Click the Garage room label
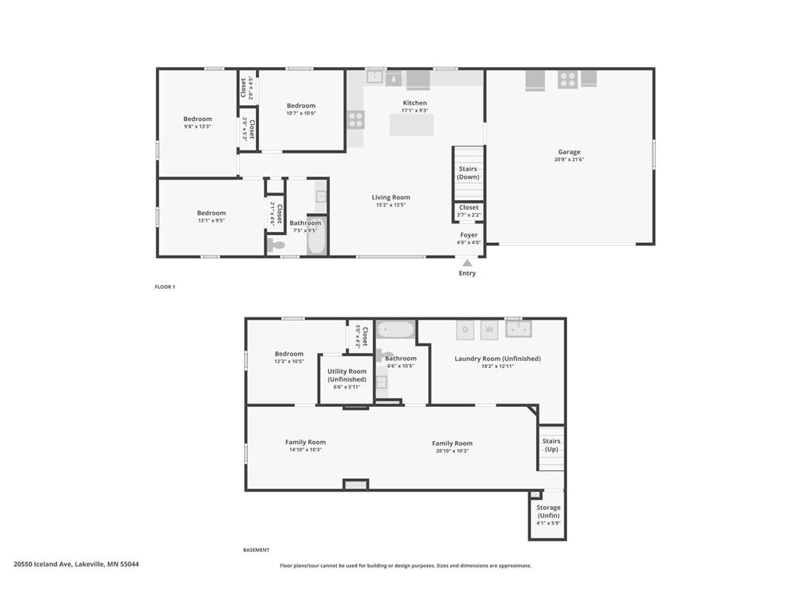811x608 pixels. (569, 152)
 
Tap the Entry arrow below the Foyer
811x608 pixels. (467, 264)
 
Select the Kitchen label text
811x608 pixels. (415, 103)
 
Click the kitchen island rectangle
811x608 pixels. (411, 125)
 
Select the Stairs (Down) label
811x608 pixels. (468, 173)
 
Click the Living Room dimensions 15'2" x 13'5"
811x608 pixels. (391, 205)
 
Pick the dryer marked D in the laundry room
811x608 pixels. (465, 329)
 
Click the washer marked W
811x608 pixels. (489, 329)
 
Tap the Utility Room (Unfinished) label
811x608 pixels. (347, 375)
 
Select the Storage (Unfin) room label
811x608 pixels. (548, 511)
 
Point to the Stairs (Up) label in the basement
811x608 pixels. (551, 445)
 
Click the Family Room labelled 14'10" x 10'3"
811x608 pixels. (306, 446)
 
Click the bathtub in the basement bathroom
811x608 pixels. (394, 329)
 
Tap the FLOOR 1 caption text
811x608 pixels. (165, 287)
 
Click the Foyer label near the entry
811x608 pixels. (469, 235)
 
